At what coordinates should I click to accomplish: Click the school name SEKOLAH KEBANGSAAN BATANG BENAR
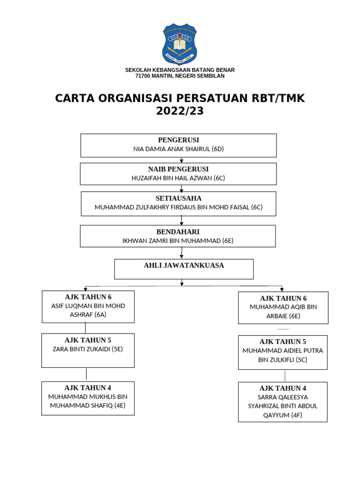tap(180, 70)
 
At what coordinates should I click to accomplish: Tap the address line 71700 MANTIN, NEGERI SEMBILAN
tap(180, 76)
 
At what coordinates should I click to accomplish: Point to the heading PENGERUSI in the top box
tap(179, 140)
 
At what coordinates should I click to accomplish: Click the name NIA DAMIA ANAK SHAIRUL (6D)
tap(179, 149)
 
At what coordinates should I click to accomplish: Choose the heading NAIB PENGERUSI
tap(179, 169)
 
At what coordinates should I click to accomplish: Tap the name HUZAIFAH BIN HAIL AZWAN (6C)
tap(179, 178)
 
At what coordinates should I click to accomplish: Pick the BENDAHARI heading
tap(178, 232)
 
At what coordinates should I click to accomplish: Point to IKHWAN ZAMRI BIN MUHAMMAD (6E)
tap(178, 241)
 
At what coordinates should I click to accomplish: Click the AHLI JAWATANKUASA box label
tap(184, 265)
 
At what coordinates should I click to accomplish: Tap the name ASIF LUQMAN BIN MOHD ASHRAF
tap(88, 310)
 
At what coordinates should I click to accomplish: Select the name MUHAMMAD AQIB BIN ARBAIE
tap(283, 311)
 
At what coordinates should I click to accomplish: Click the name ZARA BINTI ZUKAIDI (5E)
tap(88, 349)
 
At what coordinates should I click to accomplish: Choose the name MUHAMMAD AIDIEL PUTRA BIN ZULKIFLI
tap(283, 355)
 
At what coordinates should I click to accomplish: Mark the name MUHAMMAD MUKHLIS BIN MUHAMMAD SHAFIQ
tap(88, 402)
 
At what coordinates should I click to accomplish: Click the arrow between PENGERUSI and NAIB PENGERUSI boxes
tap(181, 160)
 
